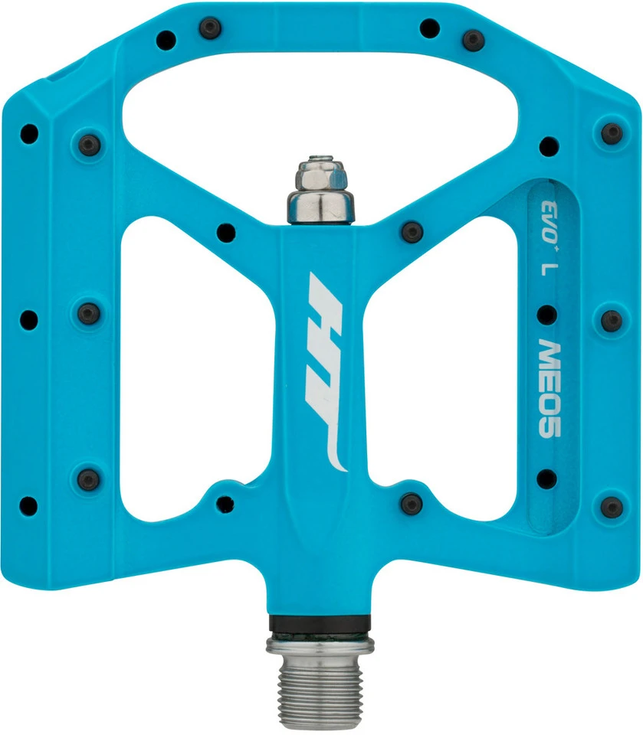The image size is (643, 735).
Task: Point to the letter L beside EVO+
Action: (546, 269)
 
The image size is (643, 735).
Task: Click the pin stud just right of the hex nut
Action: (412, 230)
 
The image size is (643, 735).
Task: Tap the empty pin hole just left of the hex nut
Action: (225, 230)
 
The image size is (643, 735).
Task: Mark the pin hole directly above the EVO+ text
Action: (549, 145)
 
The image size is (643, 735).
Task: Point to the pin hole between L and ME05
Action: (546, 314)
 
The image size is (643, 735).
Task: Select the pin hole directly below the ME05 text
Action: (546, 479)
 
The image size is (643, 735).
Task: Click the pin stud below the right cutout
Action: (412, 503)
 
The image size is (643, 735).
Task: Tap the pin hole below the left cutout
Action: (225, 503)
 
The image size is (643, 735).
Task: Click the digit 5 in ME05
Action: (546, 426)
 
